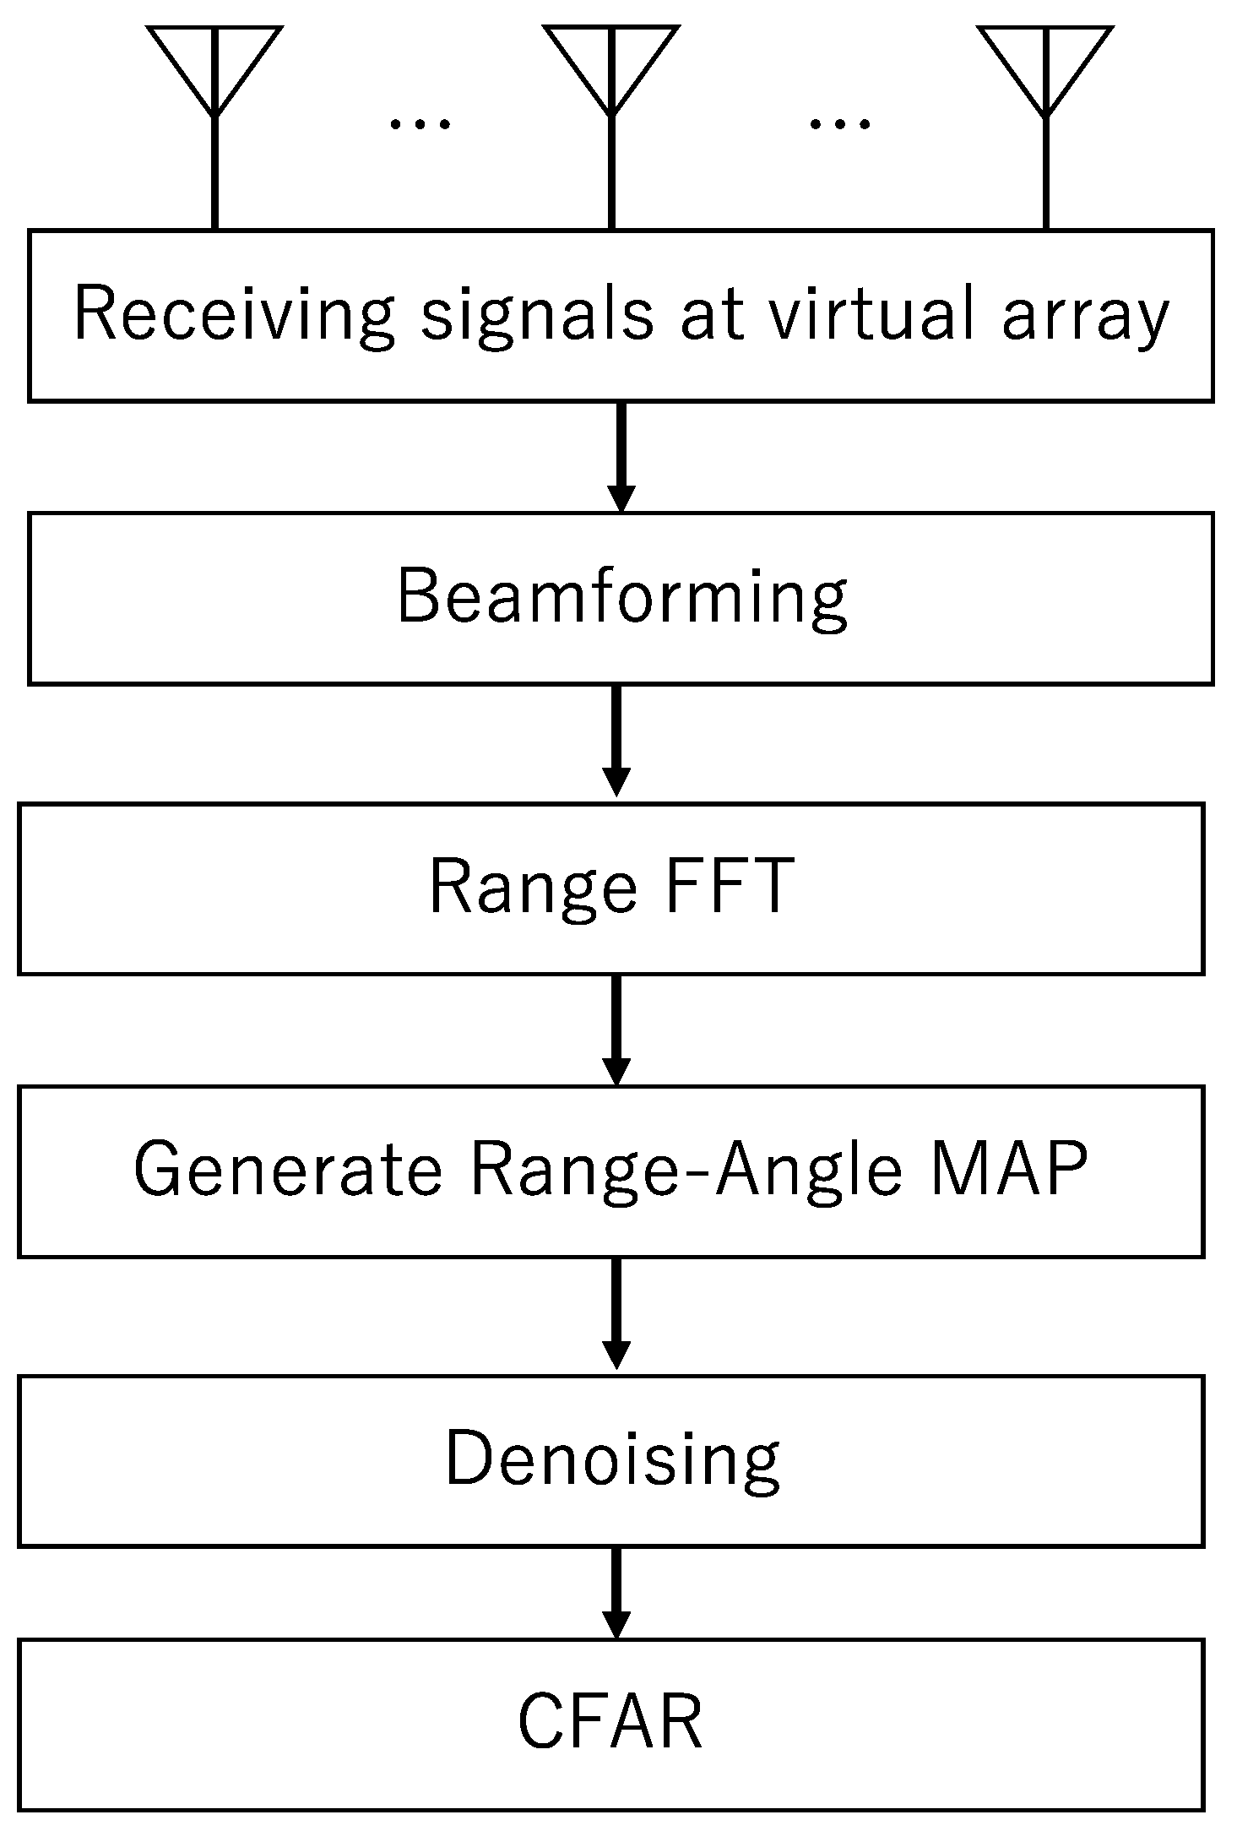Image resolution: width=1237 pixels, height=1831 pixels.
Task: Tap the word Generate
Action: (288, 1170)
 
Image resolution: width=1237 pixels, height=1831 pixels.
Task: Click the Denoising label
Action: (612, 1459)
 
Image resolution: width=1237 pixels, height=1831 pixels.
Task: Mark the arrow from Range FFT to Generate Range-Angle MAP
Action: (616, 1029)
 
